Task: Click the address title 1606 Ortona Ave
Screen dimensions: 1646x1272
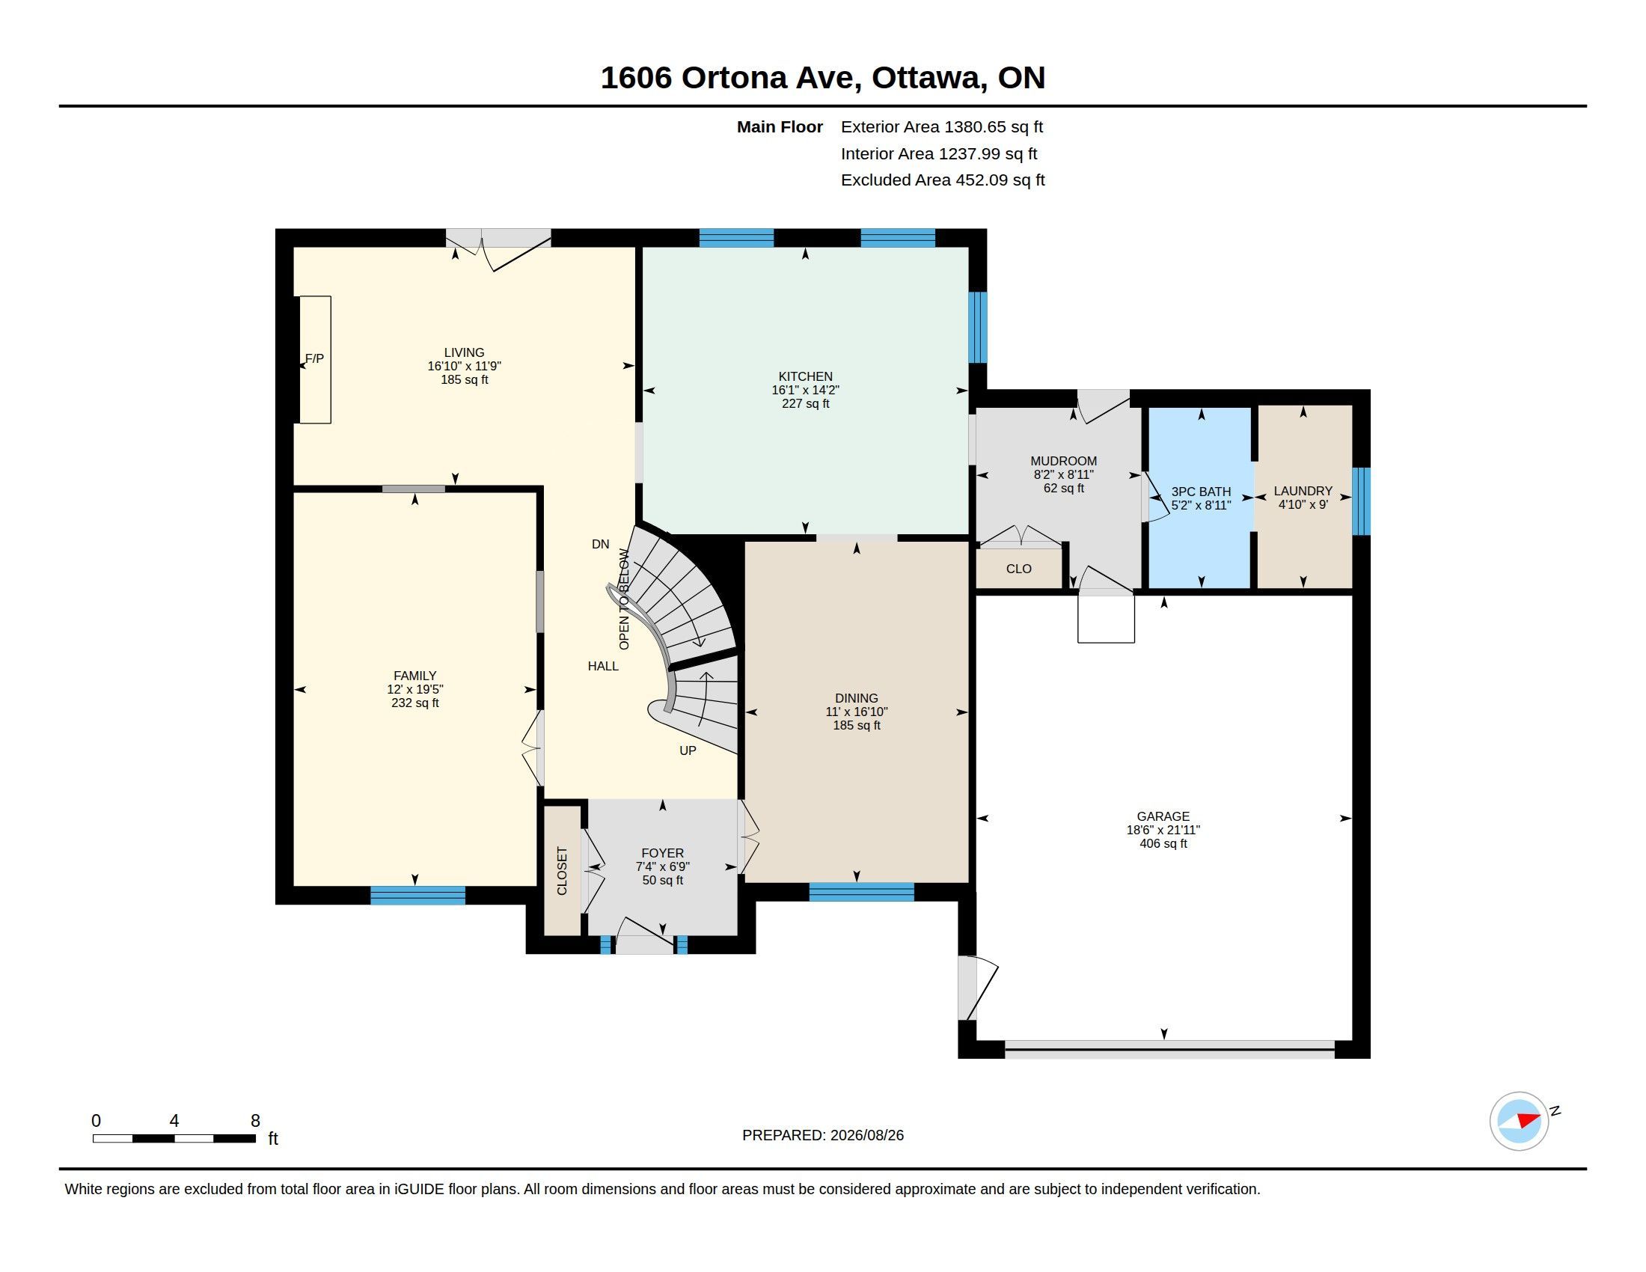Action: pos(730,78)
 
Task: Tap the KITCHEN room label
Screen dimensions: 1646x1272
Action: pos(805,376)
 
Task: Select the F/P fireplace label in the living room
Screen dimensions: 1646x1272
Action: pos(314,358)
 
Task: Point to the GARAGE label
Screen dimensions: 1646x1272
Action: pos(1163,816)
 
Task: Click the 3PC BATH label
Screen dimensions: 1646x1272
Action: pos(1201,492)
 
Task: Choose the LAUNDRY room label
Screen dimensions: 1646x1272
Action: pos(1303,491)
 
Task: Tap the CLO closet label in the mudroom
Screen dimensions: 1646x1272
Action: pos(1018,569)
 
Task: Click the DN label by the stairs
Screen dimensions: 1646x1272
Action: pos(600,544)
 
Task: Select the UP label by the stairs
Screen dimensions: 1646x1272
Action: pos(688,750)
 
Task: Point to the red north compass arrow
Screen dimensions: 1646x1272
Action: pos(1528,1120)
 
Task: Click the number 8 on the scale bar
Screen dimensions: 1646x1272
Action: pos(255,1121)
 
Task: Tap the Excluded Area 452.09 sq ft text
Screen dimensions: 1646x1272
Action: pos(943,180)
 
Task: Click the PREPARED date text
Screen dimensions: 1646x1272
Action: pos(823,1135)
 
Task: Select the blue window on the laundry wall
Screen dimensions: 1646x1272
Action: pos(1360,501)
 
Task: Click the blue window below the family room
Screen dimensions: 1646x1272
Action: pos(417,895)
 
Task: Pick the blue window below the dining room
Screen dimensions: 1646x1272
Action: pos(861,892)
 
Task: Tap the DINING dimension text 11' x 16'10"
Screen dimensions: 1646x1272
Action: pos(856,712)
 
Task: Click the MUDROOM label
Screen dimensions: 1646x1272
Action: pos(1063,461)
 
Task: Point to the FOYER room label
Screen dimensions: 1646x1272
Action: pos(662,853)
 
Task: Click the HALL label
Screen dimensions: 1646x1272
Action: pos(603,666)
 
